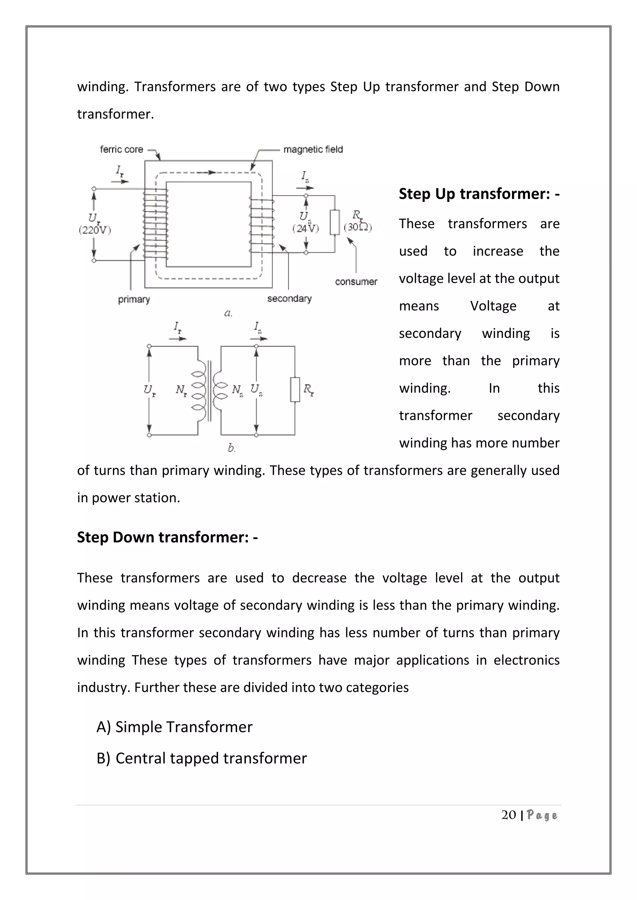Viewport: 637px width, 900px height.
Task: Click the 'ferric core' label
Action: tap(122, 149)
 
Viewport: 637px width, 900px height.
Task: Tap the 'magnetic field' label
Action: tap(313, 149)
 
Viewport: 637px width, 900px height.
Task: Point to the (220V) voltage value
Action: tap(95, 230)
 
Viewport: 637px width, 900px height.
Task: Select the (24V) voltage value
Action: tap(305, 228)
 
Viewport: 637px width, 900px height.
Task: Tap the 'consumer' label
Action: tap(356, 282)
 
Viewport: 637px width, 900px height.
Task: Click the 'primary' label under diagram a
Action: tap(134, 300)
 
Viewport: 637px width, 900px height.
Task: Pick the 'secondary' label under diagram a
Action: tap(289, 299)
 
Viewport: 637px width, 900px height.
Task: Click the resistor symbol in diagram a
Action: tap(335, 222)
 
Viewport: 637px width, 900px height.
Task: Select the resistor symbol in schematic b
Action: tap(295, 390)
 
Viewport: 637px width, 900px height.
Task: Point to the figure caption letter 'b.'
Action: tap(231, 448)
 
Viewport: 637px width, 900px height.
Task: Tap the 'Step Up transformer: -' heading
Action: tap(479, 194)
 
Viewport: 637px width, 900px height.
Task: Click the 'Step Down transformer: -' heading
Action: tap(167, 537)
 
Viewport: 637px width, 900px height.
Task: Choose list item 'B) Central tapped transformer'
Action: tap(202, 759)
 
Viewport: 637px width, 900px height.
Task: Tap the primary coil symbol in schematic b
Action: tap(198, 390)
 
